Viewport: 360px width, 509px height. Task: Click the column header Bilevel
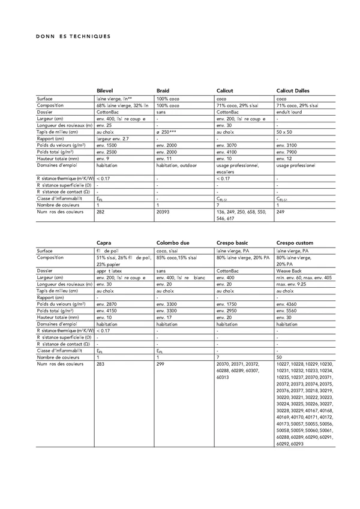(x=105, y=91)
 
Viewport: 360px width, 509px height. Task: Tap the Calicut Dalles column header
(x=293, y=91)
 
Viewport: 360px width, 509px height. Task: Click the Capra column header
(x=104, y=243)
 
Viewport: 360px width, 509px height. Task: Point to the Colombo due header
(x=173, y=243)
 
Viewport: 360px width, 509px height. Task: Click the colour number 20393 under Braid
(x=164, y=212)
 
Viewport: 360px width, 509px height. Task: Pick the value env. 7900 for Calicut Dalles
(x=287, y=152)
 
